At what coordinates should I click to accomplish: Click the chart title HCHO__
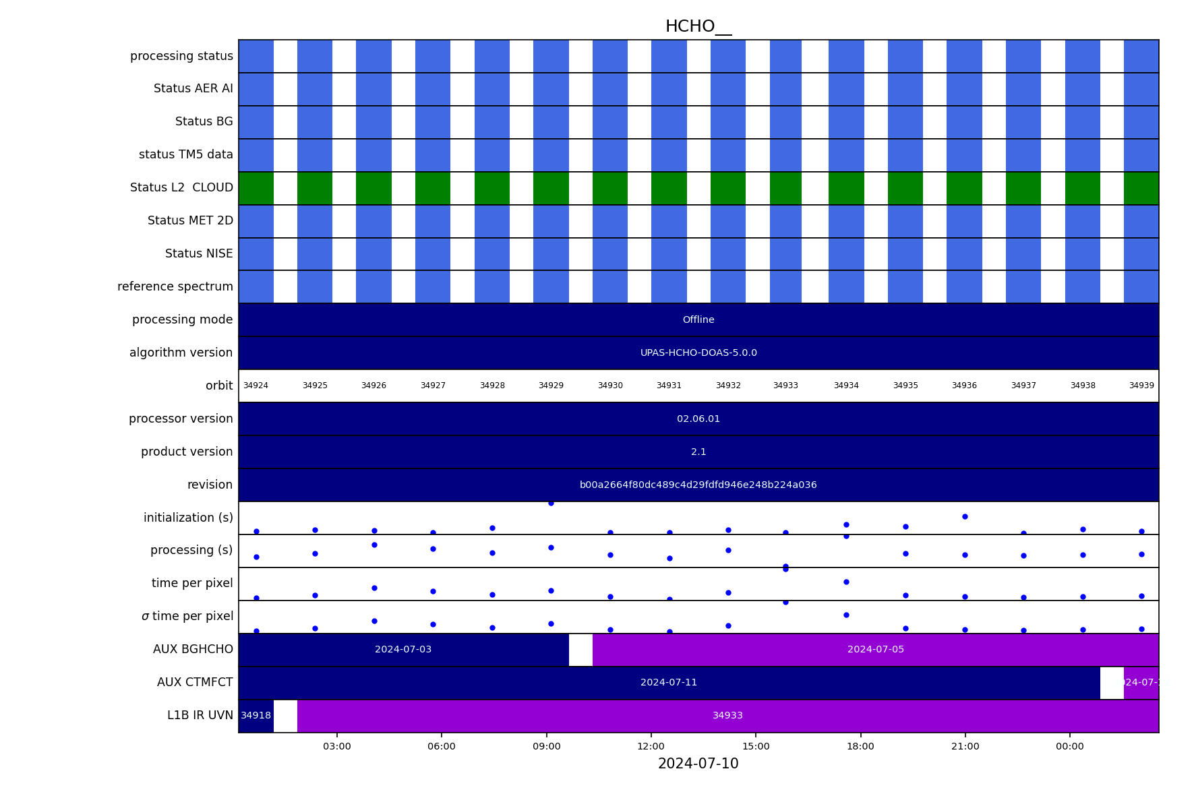point(698,26)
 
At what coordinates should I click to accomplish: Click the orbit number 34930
point(610,386)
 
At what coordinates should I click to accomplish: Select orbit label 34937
point(1023,386)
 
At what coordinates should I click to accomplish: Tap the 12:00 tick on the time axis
point(651,746)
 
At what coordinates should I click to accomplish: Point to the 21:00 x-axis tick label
point(965,746)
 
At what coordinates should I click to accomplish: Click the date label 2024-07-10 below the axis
point(698,764)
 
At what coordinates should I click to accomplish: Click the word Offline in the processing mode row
point(698,319)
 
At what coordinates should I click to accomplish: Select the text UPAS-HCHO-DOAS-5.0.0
point(698,353)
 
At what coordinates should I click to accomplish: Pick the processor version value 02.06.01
point(698,419)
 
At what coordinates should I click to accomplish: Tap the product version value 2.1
point(698,452)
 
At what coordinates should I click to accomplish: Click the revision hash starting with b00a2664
point(698,485)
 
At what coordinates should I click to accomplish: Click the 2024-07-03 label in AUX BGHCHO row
point(403,650)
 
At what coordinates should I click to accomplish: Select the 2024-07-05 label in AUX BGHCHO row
point(876,650)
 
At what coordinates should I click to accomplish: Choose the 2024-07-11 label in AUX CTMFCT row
point(669,683)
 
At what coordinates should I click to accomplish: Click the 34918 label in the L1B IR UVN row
point(256,716)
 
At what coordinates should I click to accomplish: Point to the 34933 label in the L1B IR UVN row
point(728,716)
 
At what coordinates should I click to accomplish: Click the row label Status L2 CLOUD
point(181,187)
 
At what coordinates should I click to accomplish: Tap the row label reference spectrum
point(175,286)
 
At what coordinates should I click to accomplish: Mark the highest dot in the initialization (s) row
point(551,503)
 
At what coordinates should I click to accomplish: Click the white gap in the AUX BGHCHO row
point(580,650)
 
